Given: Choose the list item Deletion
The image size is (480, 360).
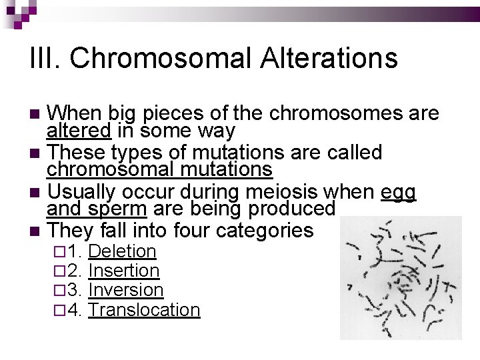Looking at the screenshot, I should point(122,251).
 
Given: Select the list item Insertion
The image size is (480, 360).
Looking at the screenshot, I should point(123,271).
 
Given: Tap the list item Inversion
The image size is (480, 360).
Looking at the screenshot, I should point(125,290).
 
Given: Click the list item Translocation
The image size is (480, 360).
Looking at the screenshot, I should point(143,309).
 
